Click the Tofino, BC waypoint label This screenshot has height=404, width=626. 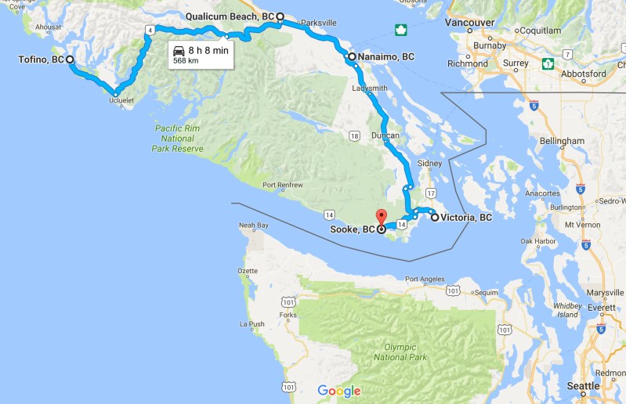41,60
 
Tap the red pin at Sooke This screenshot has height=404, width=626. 382,216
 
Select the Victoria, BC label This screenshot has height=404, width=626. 466,218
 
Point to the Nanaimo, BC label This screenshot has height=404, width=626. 386,56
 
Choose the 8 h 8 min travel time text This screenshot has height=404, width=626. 209,49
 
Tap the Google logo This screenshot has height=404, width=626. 339,391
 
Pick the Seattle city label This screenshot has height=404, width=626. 584,386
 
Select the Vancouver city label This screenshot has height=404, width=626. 470,23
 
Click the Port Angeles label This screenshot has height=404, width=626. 427,279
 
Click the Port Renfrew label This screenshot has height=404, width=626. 283,186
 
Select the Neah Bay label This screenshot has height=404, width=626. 253,225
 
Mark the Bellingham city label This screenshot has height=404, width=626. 562,141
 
